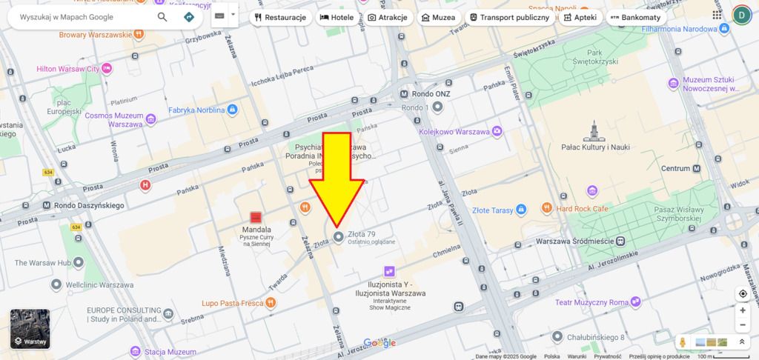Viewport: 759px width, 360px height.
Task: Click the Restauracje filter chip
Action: [x=280, y=17]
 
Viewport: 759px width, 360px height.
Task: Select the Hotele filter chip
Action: [x=337, y=17]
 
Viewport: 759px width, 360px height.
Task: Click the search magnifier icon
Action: [x=162, y=16]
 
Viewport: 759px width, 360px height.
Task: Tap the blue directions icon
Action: [x=189, y=16]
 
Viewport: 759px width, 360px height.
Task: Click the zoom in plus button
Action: [x=743, y=310]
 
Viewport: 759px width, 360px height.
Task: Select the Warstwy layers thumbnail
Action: [x=30, y=329]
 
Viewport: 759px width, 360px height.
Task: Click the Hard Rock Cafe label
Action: [x=582, y=208]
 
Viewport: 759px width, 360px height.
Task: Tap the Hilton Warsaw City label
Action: [x=68, y=69]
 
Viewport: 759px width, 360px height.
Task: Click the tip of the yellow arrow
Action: [x=337, y=225]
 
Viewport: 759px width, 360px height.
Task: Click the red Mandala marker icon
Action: [x=256, y=217]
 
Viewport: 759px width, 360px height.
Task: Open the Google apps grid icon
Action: [x=717, y=14]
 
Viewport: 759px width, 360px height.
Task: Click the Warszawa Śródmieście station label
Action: [x=574, y=241]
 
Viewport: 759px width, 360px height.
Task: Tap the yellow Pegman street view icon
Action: [x=683, y=342]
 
